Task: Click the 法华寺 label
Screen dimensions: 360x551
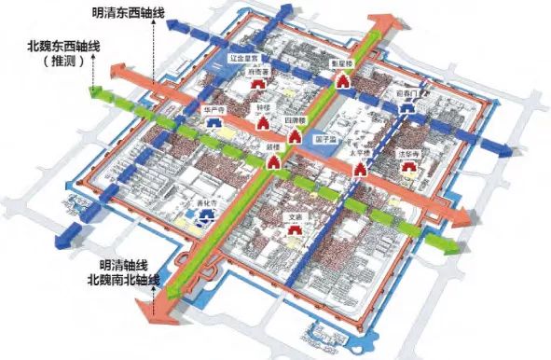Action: pos(407,154)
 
